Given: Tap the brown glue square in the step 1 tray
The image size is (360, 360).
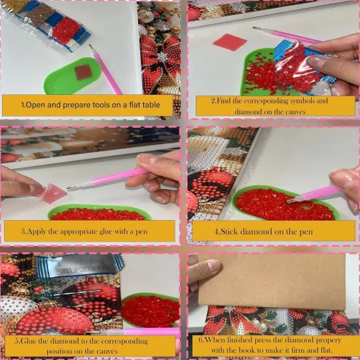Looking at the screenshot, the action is coord(83,72).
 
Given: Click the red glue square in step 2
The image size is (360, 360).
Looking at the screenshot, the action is coord(230,42).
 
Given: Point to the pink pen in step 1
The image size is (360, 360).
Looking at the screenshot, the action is coord(105,69).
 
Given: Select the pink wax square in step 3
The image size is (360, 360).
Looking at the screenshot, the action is coord(51,193).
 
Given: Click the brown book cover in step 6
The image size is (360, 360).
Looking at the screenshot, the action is coord(272,281).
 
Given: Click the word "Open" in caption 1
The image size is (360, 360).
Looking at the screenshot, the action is coord(35,105).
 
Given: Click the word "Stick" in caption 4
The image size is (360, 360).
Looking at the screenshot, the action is coord(228,232).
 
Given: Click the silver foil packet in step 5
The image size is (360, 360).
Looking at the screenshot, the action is coord(79,266).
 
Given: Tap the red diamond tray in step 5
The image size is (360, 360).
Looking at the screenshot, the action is coord(151,310).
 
